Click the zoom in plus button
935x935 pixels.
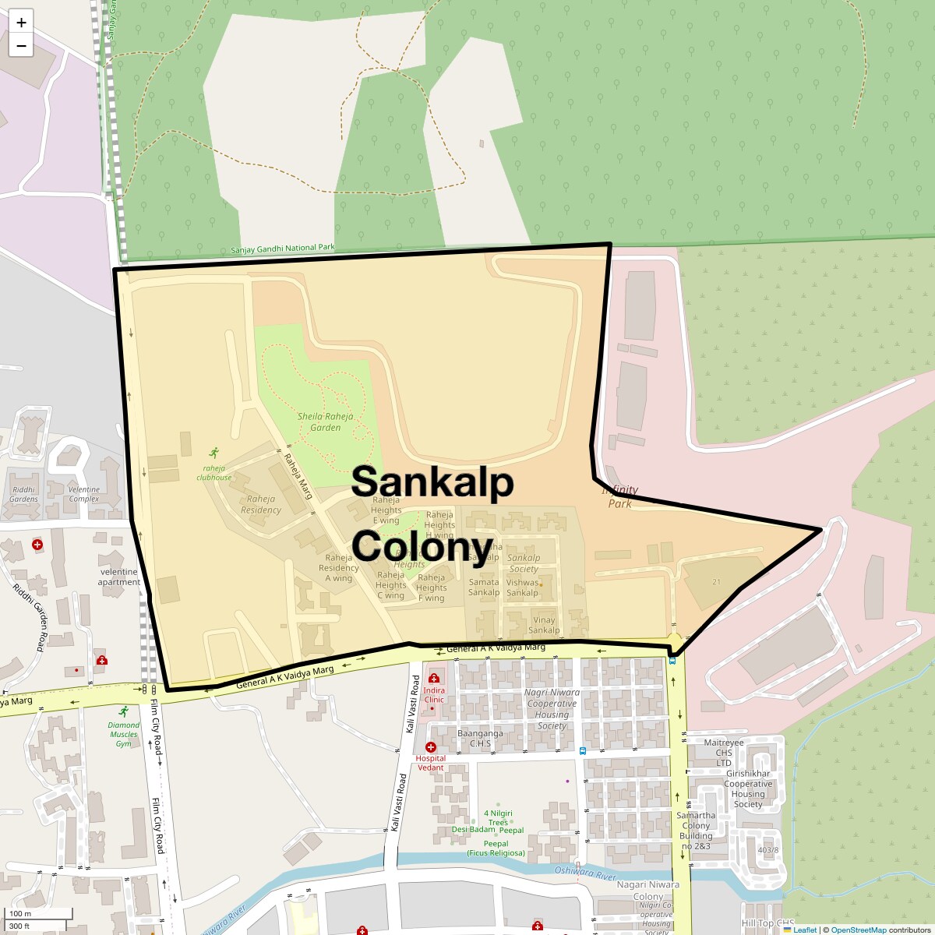coord(21,23)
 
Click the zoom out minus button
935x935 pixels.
coord(21,46)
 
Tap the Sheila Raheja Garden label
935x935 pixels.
coord(325,422)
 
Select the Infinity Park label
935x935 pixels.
coord(619,496)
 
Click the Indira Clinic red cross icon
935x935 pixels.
coord(434,679)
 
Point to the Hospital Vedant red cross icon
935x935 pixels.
coord(430,747)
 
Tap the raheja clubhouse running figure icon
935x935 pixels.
coord(214,453)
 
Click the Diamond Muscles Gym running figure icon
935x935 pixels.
coord(123,711)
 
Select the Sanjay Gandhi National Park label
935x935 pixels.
coord(283,249)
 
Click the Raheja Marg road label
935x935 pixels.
coord(298,476)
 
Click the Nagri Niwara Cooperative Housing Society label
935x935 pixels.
coord(552,708)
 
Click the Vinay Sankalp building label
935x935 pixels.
coord(544,625)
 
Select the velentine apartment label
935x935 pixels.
coord(119,577)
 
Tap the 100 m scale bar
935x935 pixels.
coord(39,914)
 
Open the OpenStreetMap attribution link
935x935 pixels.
coord(858,930)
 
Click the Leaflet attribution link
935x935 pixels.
coord(805,930)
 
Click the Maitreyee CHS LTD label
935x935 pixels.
coord(724,752)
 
